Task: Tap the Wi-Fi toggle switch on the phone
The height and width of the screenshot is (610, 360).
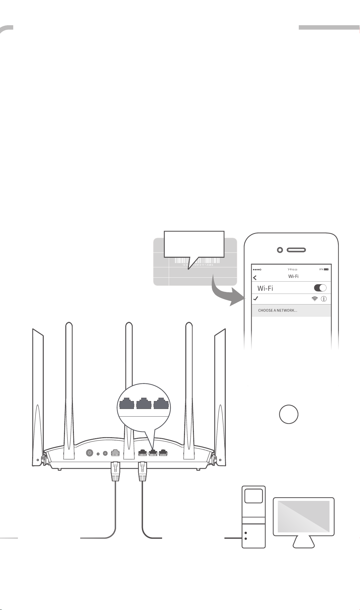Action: tap(320, 288)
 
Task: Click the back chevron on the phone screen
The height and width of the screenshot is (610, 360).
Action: tap(255, 278)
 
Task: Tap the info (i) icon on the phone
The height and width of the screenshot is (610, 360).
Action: tap(324, 299)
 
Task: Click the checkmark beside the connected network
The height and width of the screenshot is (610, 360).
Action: tap(256, 299)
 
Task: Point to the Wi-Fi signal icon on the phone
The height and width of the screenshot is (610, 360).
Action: tap(314, 299)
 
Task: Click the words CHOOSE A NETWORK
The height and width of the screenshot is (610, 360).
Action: tap(277, 310)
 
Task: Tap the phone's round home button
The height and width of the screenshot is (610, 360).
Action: tap(288, 414)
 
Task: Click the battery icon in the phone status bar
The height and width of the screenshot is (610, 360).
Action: tap(326, 269)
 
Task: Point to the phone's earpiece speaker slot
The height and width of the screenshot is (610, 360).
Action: tap(296, 250)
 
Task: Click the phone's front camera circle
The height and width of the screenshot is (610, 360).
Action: tap(280, 250)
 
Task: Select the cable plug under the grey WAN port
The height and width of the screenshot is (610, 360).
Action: tap(115, 471)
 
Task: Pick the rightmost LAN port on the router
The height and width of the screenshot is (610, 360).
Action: tap(163, 452)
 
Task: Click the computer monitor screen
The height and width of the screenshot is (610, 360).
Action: tap(303, 516)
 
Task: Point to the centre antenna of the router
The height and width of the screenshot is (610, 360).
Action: tap(129, 381)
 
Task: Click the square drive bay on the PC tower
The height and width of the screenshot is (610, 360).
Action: tap(254, 497)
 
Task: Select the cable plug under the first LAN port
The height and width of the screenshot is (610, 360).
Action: tap(142, 471)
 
